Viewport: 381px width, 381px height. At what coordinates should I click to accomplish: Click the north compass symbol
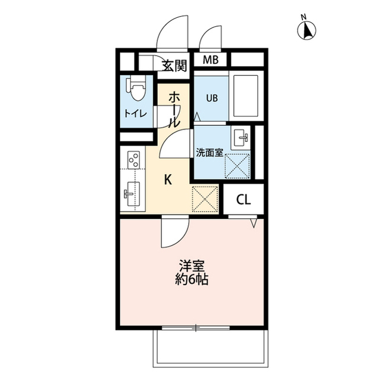pyautogui.click(x=307, y=30)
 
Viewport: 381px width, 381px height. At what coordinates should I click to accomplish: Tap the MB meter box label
pyautogui.click(x=211, y=60)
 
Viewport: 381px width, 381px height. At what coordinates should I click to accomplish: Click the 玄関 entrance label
pyautogui.click(x=174, y=66)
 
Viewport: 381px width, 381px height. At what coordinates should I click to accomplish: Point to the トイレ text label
pyautogui.click(x=136, y=114)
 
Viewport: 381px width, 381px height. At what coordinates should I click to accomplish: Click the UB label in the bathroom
pyautogui.click(x=212, y=98)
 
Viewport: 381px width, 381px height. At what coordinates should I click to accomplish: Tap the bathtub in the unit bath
pyautogui.click(x=246, y=96)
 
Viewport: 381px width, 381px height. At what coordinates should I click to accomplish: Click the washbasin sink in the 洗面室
pyautogui.click(x=241, y=138)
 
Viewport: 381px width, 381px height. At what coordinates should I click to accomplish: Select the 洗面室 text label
pyautogui.click(x=210, y=153)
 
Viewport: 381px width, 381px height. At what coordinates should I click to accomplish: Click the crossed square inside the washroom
pyautogui.click(x=238, y=166)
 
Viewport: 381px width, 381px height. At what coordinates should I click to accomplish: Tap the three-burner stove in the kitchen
pyautogui.click(x=133, y=160)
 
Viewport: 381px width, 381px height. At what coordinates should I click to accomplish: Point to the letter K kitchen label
pyautogui.click(x=168, y=180)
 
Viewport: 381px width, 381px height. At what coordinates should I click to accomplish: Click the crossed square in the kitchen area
pyautogui.click(x=205, y=199)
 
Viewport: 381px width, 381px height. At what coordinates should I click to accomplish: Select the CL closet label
pyautogui.click(x=243, y=200)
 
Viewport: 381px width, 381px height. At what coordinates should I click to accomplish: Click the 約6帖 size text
pyautogui.click(x=192, y=280)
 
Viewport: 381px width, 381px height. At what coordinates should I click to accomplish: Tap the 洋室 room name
pyautogui.click(x=192, y=267)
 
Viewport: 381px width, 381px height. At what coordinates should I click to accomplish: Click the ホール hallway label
pyautogui.click(x=174, y=110)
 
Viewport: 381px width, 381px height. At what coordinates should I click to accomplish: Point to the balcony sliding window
pyautogui.click(x=196, y=328)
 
